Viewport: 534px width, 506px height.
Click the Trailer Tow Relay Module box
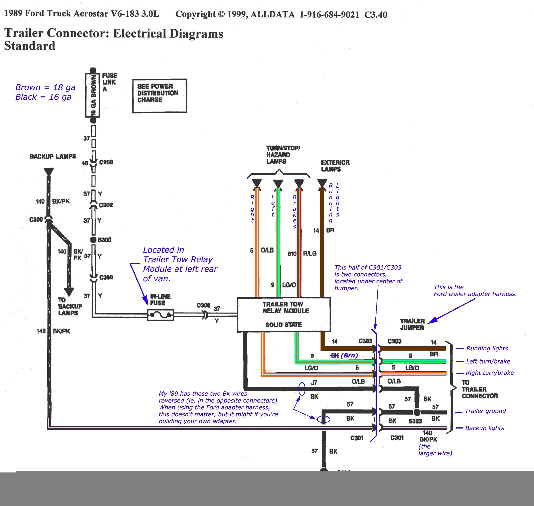coord(284,314)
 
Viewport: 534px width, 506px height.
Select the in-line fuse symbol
coord(161,315)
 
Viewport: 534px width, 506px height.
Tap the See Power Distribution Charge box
coord(159,96)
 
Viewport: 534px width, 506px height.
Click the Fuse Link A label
coord(109,82)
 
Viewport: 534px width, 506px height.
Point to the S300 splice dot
coord(93,240)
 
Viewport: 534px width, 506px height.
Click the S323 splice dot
coord(417,412)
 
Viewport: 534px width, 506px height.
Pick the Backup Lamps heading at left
coord(53,157)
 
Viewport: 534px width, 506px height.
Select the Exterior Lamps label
coord(335,166)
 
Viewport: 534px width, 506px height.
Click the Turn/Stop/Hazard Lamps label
coord(283,155)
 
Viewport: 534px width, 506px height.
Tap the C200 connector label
coord(106,162)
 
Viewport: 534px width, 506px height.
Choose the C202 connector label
coord(106,205)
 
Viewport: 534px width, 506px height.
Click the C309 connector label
coord(203,305)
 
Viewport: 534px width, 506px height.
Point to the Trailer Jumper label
coord(412,324)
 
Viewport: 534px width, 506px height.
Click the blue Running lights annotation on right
coord(487,348)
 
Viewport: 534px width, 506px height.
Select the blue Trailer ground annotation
coord(485,411)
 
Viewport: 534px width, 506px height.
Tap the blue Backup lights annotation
coord(484,428)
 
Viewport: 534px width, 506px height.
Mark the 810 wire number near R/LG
coord(292,254)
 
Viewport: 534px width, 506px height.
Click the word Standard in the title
coord(30,46)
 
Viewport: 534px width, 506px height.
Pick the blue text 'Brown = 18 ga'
coord(45,87)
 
